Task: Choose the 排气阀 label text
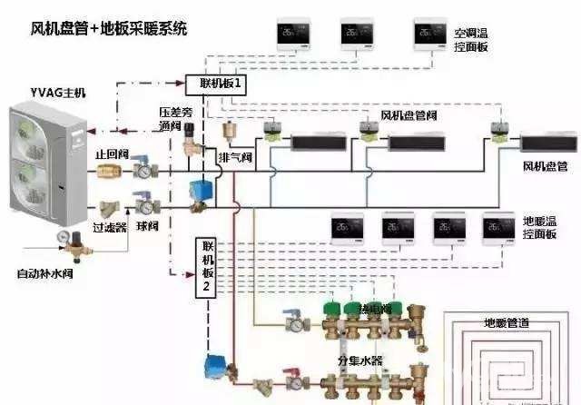click(x=233, y=157)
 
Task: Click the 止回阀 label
click(x=110, y=154)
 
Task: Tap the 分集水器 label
click(x=359, y=361)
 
